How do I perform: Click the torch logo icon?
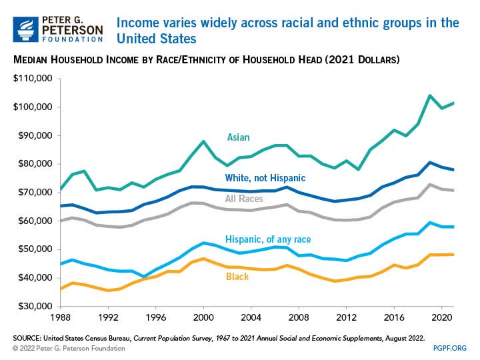pos(26,29)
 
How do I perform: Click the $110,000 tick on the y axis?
pos(33,79)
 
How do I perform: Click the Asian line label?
pos(238,137)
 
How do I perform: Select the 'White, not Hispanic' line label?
pos(265,177)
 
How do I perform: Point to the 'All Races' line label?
pos(243,199)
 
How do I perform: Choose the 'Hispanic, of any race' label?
pos(268,239)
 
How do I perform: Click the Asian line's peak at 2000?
pos(203,141)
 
